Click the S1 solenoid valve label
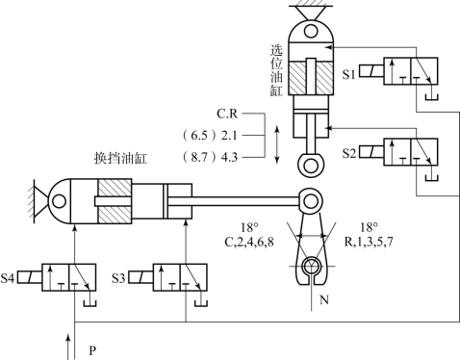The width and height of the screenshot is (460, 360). [x=348, y=74]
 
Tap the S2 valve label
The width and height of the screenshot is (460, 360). [x=348, y=153]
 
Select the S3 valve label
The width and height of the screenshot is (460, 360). [x=118, y=278]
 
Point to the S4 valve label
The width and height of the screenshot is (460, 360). [x=8, y=278]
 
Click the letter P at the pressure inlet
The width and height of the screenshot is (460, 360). [x=92, y=350]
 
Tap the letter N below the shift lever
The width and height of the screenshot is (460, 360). [x=324, y=300]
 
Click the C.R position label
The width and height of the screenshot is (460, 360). [x=227, y=114]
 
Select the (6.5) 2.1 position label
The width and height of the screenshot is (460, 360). [x=210, y=136]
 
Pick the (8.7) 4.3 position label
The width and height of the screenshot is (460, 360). [x=210, y=157]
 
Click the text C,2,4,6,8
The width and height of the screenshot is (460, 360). [x=249, y=242]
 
